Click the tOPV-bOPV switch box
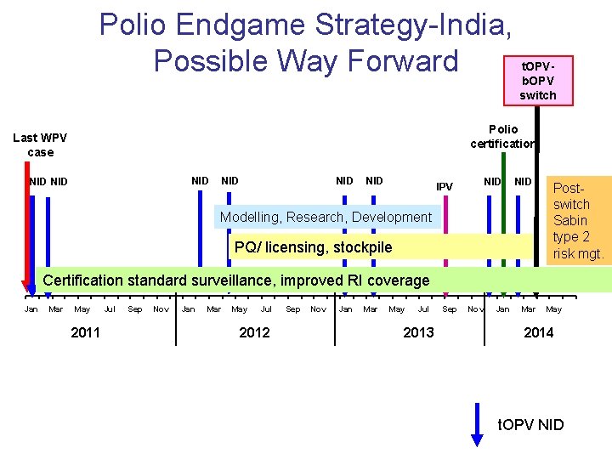pos(537,81)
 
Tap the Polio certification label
pos(502,136)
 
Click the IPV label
pos(445,186)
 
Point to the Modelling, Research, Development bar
pos(326,218)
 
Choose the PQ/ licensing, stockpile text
pos(314,247)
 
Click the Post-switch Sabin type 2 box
pos(577,220)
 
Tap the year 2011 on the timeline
pos(85,332)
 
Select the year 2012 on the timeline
pos(254,332)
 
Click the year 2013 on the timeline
pos(418,332)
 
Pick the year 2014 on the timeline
pos(538,332)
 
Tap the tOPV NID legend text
pos(530,424)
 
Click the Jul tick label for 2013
pos(423,309)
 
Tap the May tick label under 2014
pos(553,309)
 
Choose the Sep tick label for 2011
pos(134,309)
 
